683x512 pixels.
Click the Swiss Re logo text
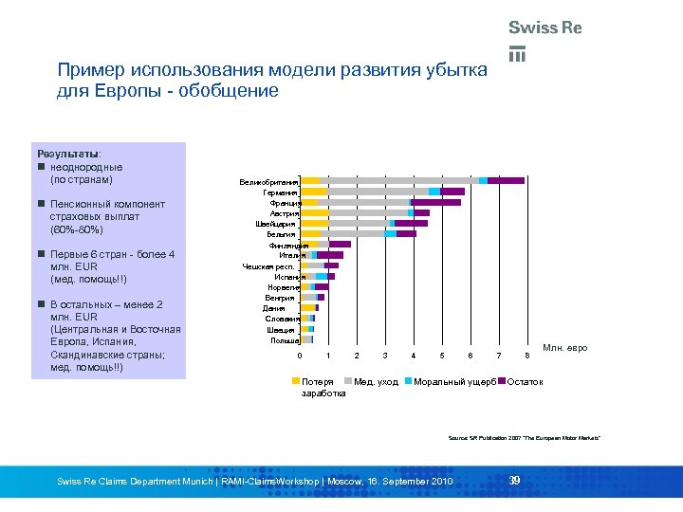[x=545, y=27]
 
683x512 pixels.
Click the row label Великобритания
[x=269, y=180]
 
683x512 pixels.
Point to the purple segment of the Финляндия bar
[x=340, y=245]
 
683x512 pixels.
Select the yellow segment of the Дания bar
[x=307, y=307]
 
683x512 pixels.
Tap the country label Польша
[x=285, y=339]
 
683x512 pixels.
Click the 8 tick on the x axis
[x=527, y=355]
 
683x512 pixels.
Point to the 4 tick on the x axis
[x=414, y=355]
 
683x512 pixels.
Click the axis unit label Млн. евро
[x=564, y=348]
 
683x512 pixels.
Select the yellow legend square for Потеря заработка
[x=295, y=380]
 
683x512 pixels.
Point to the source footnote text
[x=525, y=437]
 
